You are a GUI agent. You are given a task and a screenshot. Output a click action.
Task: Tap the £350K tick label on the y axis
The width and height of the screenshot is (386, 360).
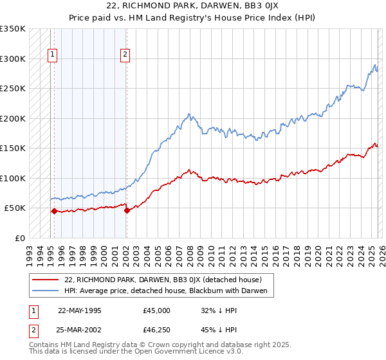point(12,29)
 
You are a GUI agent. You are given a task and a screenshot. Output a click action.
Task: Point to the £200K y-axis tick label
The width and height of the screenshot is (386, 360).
point(12,118)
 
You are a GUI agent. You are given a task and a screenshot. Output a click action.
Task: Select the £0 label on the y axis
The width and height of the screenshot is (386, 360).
point(19,238)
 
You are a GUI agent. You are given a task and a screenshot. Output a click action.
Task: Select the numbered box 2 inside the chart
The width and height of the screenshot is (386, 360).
point(125,55)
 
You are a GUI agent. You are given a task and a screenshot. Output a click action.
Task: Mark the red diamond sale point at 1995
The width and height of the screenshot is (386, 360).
point(54,211)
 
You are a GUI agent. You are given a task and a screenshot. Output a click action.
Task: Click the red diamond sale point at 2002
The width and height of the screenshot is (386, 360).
point(127,210)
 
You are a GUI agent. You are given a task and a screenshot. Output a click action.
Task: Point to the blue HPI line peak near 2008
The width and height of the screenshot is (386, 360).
point(188,114)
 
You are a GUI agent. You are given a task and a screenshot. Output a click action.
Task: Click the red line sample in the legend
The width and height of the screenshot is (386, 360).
point(47,280)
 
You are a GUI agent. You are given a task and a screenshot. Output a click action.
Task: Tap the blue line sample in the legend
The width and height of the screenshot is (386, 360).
point(47,291)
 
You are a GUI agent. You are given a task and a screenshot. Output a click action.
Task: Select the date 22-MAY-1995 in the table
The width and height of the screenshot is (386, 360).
point(79,310)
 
